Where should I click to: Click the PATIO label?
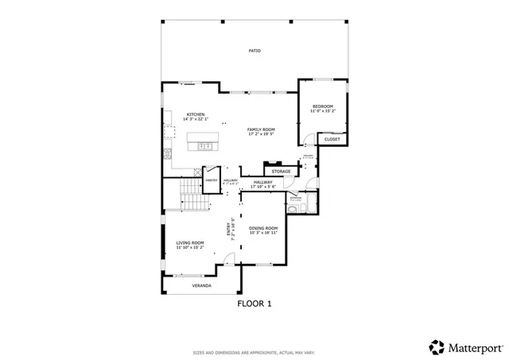tap(254, 51)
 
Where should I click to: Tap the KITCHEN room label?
tap(196, 114)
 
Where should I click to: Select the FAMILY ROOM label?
tap(260, 129)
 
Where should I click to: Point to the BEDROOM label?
tap(322, 106)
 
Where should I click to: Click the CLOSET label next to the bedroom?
tap(332, 139)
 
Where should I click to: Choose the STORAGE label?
tap(281, 171)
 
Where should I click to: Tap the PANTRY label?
tap(212, 180)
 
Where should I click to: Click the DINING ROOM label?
tap(263, 228)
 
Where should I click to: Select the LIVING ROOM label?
tap(190, 242)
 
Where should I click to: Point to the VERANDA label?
tap(201, 285)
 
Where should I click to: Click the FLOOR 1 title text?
tap(254, 304)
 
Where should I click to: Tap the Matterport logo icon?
tap(437, 346)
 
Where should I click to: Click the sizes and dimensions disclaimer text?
tap(254, 352)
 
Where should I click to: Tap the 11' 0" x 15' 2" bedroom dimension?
tap(322, 111)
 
